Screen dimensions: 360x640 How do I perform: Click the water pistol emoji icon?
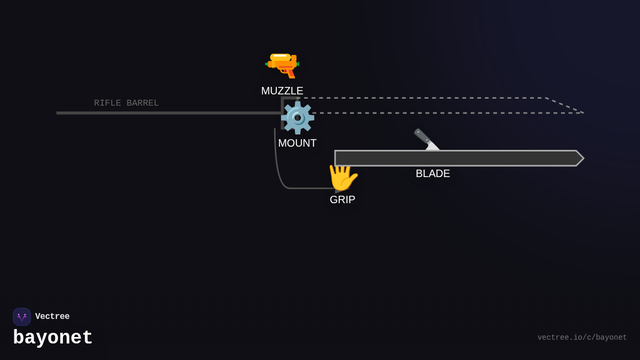click(282, 65)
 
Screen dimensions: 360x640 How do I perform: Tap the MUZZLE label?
click(282, 91)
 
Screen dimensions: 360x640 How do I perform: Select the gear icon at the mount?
click(297, 118)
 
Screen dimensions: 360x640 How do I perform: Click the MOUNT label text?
click(297, 143)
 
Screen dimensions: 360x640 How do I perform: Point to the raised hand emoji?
click(342, 177)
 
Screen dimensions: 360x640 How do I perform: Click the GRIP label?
click(342, 199)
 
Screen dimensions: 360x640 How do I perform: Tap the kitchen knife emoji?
click(426, 139)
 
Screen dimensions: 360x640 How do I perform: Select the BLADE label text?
click(433, 173)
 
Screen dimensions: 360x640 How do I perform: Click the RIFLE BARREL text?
click(126, 103)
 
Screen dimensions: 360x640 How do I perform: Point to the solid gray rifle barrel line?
click(160, 113)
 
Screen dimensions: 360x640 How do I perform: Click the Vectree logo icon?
click(22, 317)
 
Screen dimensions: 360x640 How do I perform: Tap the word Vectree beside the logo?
click(52, 317)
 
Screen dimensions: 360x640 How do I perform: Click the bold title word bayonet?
click(53, 338)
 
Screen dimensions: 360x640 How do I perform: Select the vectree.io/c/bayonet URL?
click(582, 338)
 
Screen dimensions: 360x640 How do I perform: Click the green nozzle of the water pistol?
click(267, 64)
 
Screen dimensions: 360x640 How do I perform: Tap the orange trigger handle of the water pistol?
click(291, 74)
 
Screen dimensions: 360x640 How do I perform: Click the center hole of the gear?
click(297, 118)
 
